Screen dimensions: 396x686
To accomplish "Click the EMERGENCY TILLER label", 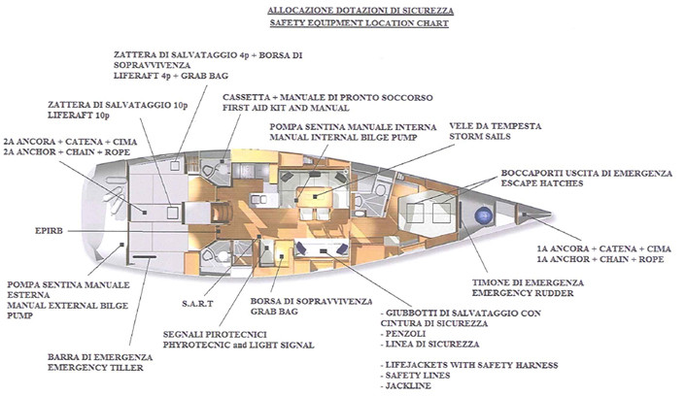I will click(97, 368).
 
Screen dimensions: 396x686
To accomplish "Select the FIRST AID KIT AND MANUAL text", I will click(286, 110).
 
